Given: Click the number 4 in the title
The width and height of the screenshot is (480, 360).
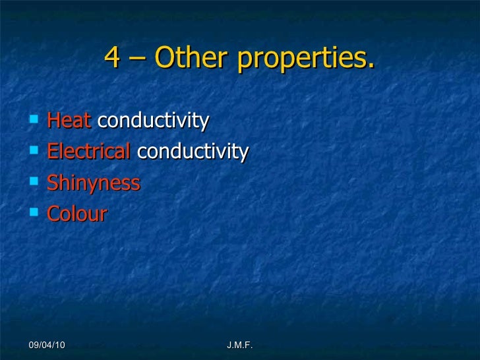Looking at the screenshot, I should point(113,60).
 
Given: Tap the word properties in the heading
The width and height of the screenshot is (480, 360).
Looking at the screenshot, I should point(305,61).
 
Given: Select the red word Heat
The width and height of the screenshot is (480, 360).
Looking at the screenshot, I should point(70,121).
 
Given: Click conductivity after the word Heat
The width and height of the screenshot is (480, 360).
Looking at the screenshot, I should point(153,121).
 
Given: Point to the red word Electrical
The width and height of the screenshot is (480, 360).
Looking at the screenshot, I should point(89,152).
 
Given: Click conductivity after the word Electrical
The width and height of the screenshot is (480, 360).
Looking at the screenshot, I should point(193,152).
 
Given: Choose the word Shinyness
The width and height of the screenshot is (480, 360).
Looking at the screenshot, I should point(94,183).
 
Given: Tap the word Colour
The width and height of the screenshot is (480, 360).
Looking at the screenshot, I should point(76,214).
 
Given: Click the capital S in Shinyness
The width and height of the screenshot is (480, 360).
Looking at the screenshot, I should point(53,183).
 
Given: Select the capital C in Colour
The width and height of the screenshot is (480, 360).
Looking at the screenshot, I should point(53,214).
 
